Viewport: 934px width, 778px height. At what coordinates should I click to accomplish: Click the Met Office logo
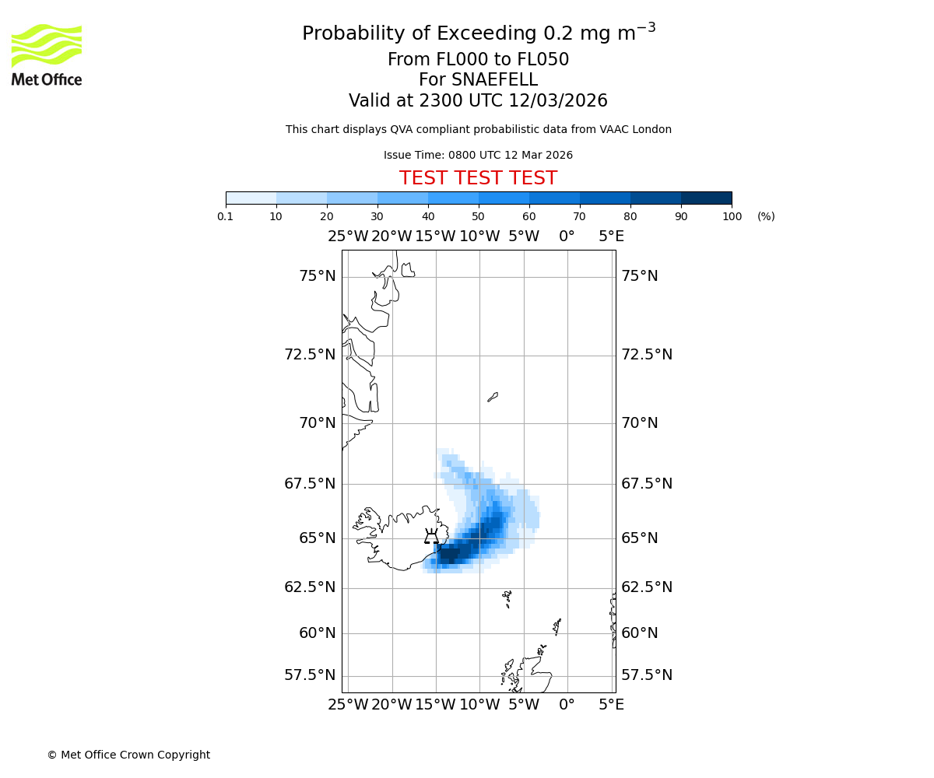(x=47, y=54)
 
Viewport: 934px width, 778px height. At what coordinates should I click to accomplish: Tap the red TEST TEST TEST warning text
(x=478, y=178)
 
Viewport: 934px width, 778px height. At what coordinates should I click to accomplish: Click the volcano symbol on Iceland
(x=431, y=536)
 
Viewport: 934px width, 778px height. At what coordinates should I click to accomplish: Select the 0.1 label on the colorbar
(x=226, y=216)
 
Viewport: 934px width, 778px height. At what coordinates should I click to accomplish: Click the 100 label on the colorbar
(x=732, y=216)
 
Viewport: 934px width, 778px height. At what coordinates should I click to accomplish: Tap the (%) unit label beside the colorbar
(x=766, y=216)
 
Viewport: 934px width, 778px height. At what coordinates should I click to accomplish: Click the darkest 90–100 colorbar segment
(x=706, y=198)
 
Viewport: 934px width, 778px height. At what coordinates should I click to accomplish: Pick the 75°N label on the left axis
(x=318, y=276)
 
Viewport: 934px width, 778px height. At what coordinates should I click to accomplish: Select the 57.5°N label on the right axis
(x=647, y=675)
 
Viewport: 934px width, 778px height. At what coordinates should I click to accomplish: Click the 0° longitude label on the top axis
(x=567, y=237)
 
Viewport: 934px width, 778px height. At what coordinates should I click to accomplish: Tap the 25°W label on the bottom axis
(x=348, y=705)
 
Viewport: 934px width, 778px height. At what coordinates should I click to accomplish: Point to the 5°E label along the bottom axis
(x=611, y=705)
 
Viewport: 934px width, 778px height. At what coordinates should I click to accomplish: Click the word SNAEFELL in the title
(x=497, y=80)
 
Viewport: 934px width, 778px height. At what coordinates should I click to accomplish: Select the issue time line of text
(x=478, y=155)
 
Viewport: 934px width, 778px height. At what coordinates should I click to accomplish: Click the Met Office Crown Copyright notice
(x=128, y=755)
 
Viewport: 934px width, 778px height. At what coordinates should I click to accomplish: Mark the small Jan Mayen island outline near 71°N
(x=493, y=397)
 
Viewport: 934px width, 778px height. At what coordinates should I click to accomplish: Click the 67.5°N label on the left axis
(x=310, y=483)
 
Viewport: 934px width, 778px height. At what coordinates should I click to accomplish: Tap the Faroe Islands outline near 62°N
(x=507, y=598)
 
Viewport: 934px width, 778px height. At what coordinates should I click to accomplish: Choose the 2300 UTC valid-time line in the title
(x=478, y=100)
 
